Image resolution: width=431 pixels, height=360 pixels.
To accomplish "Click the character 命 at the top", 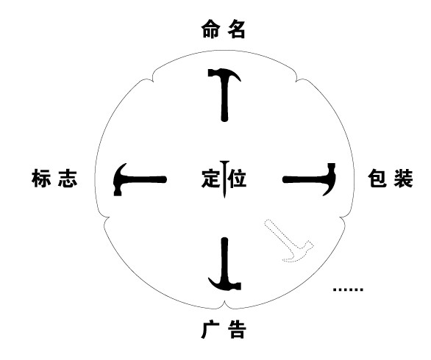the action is (x=210, y=29).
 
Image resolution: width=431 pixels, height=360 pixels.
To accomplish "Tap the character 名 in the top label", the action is (x=236, y=29).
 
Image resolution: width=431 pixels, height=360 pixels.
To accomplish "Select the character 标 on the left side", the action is (x=41, y=179).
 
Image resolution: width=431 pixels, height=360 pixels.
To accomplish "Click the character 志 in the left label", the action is (x=68, y=179).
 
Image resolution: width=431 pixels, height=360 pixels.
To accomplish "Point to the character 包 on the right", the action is (x=377, y=179).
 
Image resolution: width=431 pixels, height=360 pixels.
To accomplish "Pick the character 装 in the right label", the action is (x=404, y=179).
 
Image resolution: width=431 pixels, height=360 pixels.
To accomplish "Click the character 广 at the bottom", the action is (x=210, y=329).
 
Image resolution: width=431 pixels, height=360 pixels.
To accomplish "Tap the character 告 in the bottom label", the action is (x=237, y=329).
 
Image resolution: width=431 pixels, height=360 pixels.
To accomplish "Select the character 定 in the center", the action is (x=211, y=179).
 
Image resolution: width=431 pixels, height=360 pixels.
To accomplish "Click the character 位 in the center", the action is (x=238, y=179).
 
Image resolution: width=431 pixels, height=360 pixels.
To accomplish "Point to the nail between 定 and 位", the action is (x=224, y=179).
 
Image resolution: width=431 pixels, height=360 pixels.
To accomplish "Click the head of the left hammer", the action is (x=119, y=179).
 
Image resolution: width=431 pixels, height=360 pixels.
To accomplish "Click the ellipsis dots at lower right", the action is (x=348, y=289).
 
